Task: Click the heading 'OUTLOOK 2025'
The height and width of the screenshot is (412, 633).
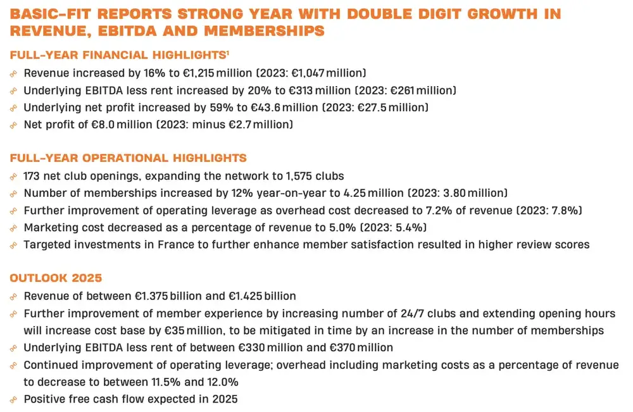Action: pos(56,278)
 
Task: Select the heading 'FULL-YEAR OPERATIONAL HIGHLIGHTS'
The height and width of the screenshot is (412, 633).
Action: pos(128,158)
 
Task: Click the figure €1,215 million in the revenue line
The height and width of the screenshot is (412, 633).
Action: pos(217,73)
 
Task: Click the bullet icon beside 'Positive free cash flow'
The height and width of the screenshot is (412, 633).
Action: pos(13,399)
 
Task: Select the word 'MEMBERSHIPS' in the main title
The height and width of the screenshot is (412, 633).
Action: pos(265,31)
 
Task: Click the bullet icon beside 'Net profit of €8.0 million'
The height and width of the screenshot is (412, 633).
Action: pos(13,125)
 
